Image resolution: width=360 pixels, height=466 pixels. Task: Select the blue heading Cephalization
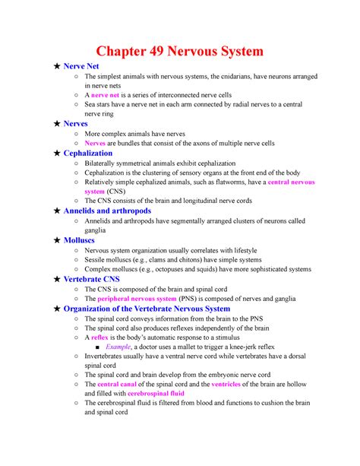tap(93, 153)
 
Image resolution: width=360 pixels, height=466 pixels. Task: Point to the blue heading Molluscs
tap(84, 239)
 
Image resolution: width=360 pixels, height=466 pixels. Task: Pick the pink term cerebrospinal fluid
tap(156, 393)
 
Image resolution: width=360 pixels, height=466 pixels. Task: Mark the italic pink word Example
tap(124, 346)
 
